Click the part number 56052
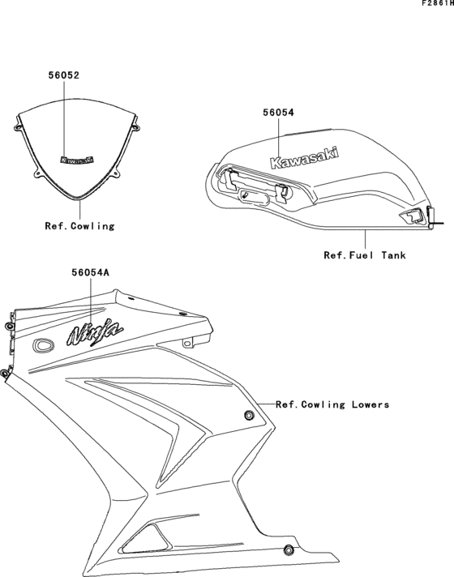(63, 75)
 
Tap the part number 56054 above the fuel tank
(277, 114)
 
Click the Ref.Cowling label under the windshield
(79, 226)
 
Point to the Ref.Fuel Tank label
(365, 255)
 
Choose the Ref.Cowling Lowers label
(332, 404)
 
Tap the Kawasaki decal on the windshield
(77, 160)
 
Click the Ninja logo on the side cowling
(95, 331)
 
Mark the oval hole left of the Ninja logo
(42, 345)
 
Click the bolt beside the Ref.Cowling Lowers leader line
(249, 416)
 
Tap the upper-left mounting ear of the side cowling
(9, 325)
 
